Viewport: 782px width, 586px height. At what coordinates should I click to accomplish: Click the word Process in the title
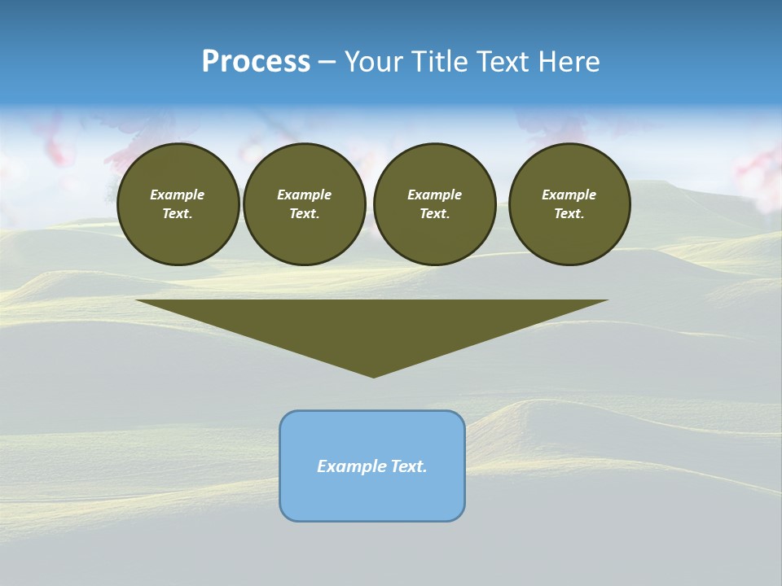(256, 61)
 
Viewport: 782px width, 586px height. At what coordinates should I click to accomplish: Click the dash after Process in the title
(327, 63)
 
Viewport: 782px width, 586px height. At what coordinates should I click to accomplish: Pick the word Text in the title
(503, 62)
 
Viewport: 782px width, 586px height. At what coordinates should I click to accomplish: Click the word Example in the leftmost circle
(178, 195)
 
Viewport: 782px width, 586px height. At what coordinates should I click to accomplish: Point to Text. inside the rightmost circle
(569, 214)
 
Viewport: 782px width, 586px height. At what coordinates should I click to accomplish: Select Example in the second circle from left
(304, 195)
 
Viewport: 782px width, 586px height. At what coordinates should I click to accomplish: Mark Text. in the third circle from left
(434, 214)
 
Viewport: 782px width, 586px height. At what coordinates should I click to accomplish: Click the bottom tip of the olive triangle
(373, 375)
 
